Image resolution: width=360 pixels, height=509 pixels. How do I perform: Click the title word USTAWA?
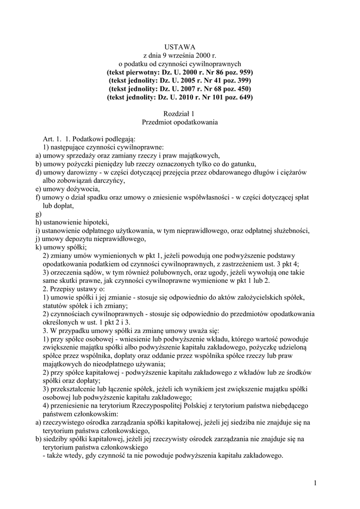180,46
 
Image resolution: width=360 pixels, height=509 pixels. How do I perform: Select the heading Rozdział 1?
180,114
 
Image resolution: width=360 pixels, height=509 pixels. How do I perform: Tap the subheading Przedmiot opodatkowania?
180,122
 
